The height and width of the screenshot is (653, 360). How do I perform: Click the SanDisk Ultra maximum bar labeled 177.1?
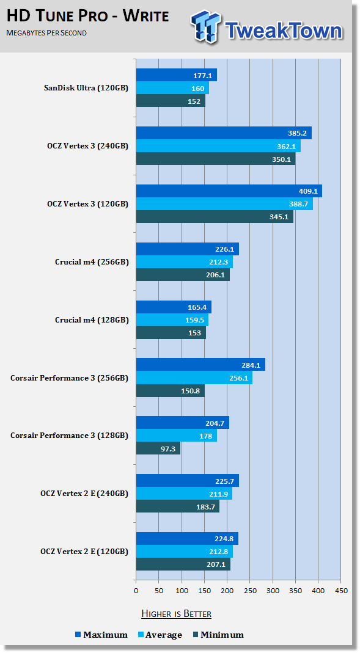(x=177, y=75)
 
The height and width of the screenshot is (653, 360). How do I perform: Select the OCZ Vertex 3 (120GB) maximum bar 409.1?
(x=229, y=191)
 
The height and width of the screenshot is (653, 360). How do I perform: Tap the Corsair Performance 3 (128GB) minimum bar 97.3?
(x=158, y=448)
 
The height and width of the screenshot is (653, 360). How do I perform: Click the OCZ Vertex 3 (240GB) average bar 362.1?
(x=218, y=146)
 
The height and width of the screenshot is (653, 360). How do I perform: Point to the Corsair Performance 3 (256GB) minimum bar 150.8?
(x=171, y=390)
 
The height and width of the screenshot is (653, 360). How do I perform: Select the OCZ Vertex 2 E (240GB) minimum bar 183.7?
(x=178, y=506)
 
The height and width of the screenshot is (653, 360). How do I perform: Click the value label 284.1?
(x=251, y=365)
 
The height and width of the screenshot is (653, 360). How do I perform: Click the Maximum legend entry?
(x=101, y=635)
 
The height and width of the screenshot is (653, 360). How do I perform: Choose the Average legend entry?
(x=160, y=635)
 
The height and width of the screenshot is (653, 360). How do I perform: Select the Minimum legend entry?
(x=218, y=635)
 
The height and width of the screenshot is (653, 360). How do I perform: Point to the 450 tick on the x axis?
(x=341, y=591)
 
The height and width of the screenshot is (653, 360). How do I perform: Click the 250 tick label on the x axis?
(x=249, y=591)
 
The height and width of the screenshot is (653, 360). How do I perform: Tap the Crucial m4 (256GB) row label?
(x=92, y=262)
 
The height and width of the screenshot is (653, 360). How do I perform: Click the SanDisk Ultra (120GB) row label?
(x=86, y=88)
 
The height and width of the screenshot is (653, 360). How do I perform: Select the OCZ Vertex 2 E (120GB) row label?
(x=84, y=552)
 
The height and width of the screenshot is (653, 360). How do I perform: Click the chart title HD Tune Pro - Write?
(x=88, y=16)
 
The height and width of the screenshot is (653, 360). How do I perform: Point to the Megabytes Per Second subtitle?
(x=46, y=32)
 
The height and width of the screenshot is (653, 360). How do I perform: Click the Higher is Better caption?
(x=176, y=613)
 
